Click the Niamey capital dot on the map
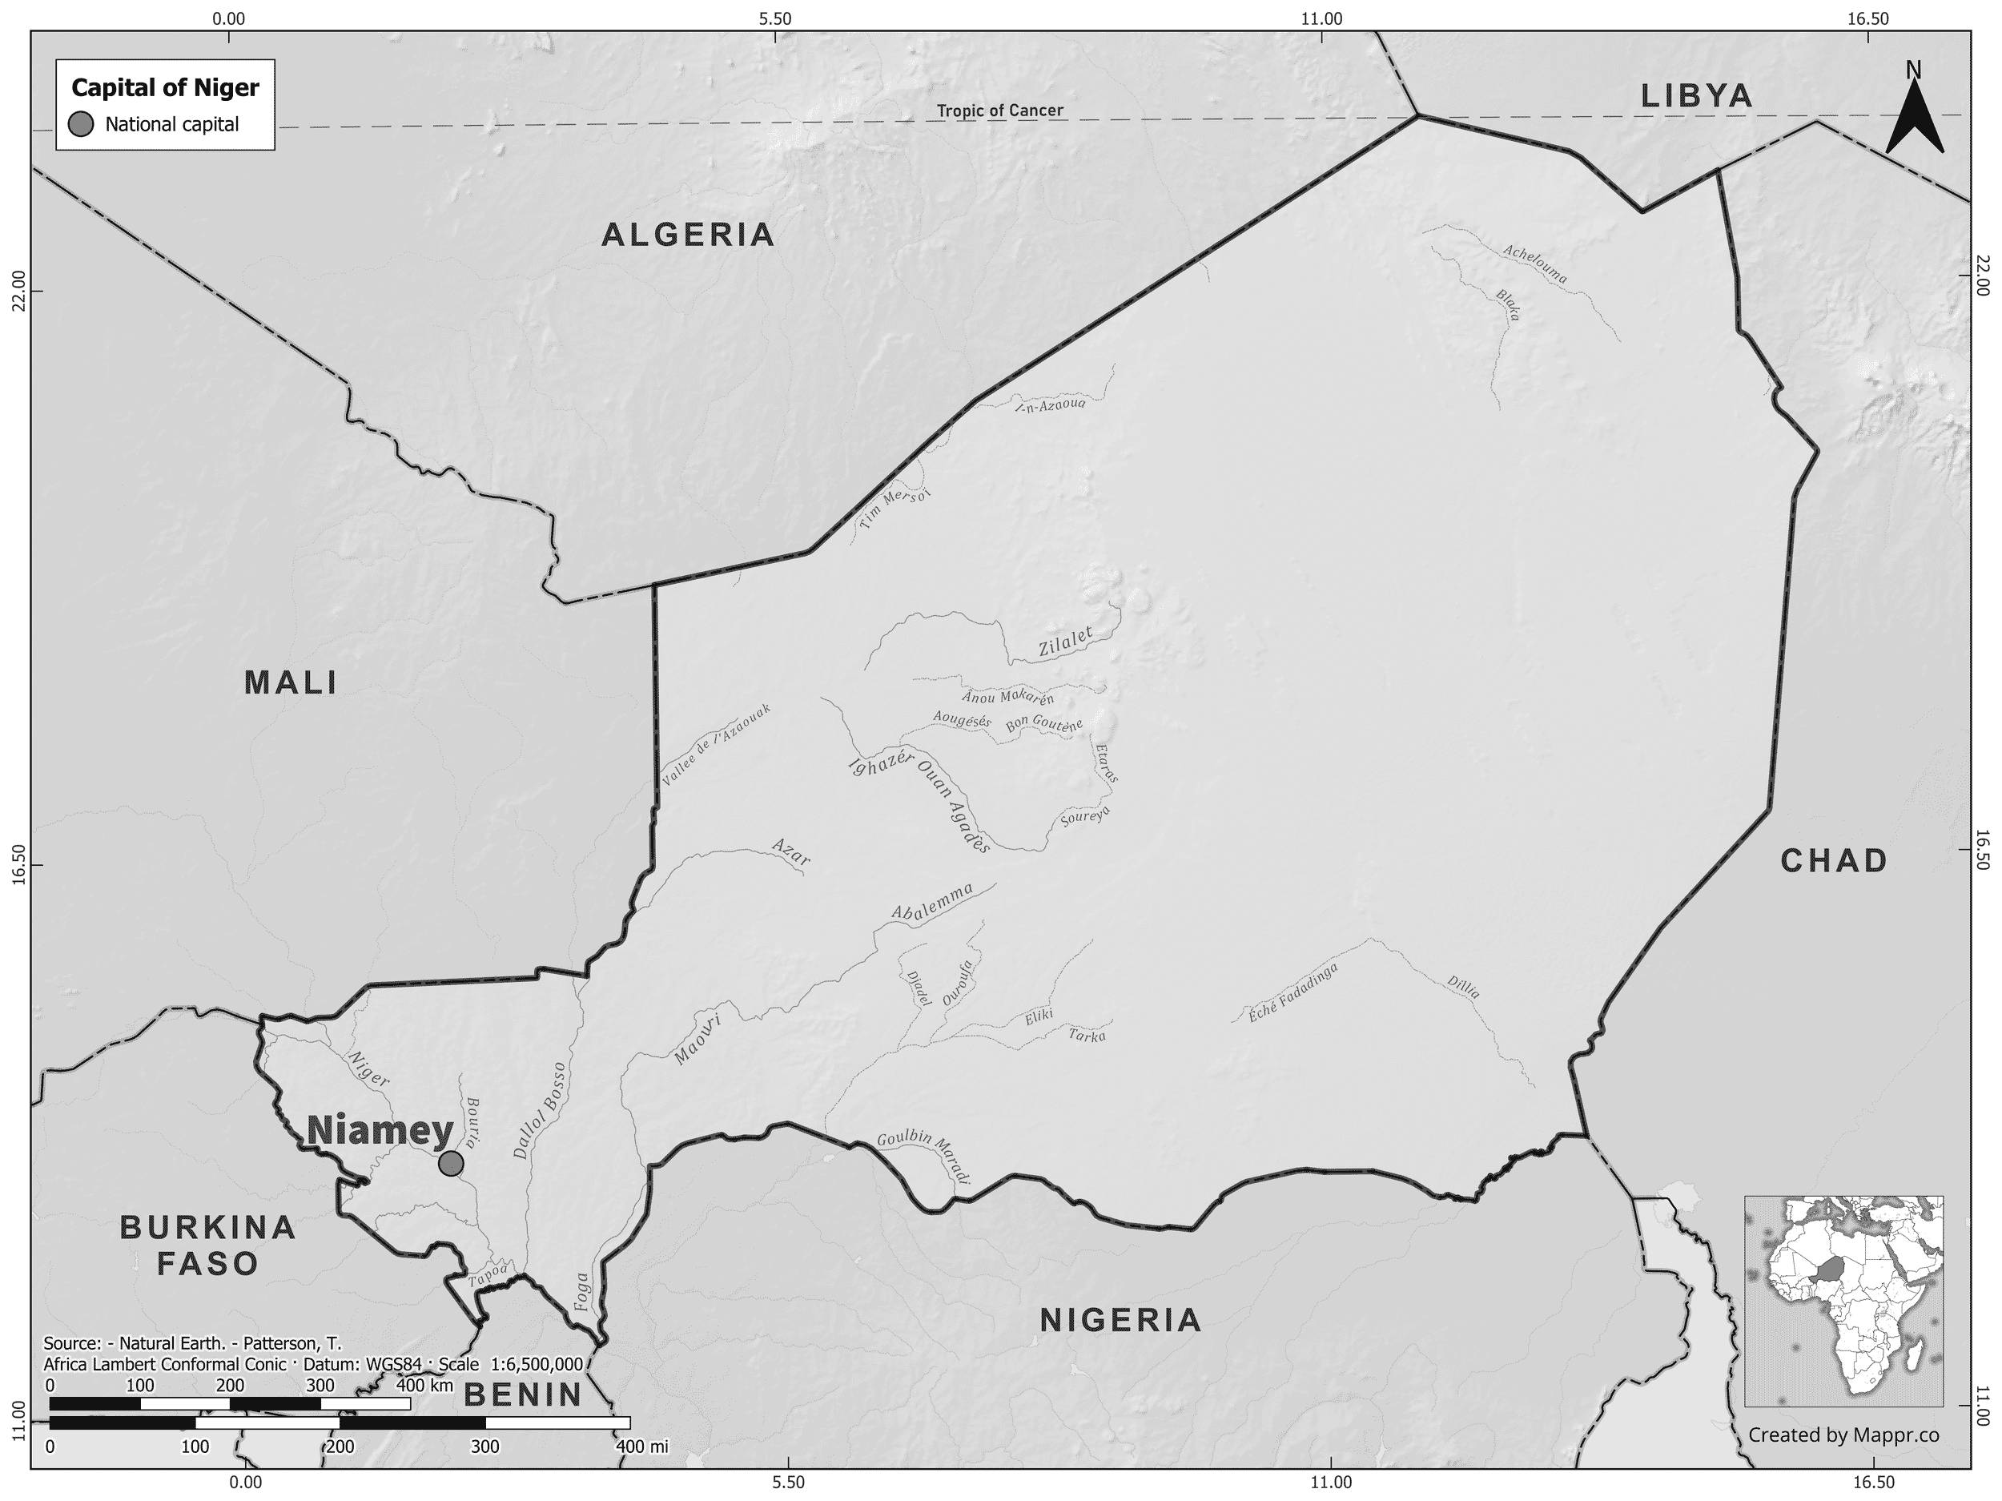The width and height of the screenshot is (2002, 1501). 451,1163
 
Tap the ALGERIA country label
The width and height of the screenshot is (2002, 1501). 689,235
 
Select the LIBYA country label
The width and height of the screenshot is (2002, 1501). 1697,96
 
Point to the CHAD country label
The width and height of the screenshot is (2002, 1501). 1834,861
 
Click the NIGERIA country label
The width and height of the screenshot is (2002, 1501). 1120,1321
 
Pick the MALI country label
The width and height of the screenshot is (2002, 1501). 291,683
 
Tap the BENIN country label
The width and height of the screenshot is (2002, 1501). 522,1395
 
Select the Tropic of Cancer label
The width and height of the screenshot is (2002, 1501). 1000,111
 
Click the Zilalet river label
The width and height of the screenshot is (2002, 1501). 1065,642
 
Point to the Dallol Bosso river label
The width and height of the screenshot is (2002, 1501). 540,1111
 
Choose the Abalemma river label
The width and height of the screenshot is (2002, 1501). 932,902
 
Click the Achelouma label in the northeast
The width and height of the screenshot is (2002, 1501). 1535,264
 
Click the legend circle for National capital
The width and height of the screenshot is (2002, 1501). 82,125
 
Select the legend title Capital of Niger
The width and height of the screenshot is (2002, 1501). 165,88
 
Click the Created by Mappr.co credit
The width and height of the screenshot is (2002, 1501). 1843,1460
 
